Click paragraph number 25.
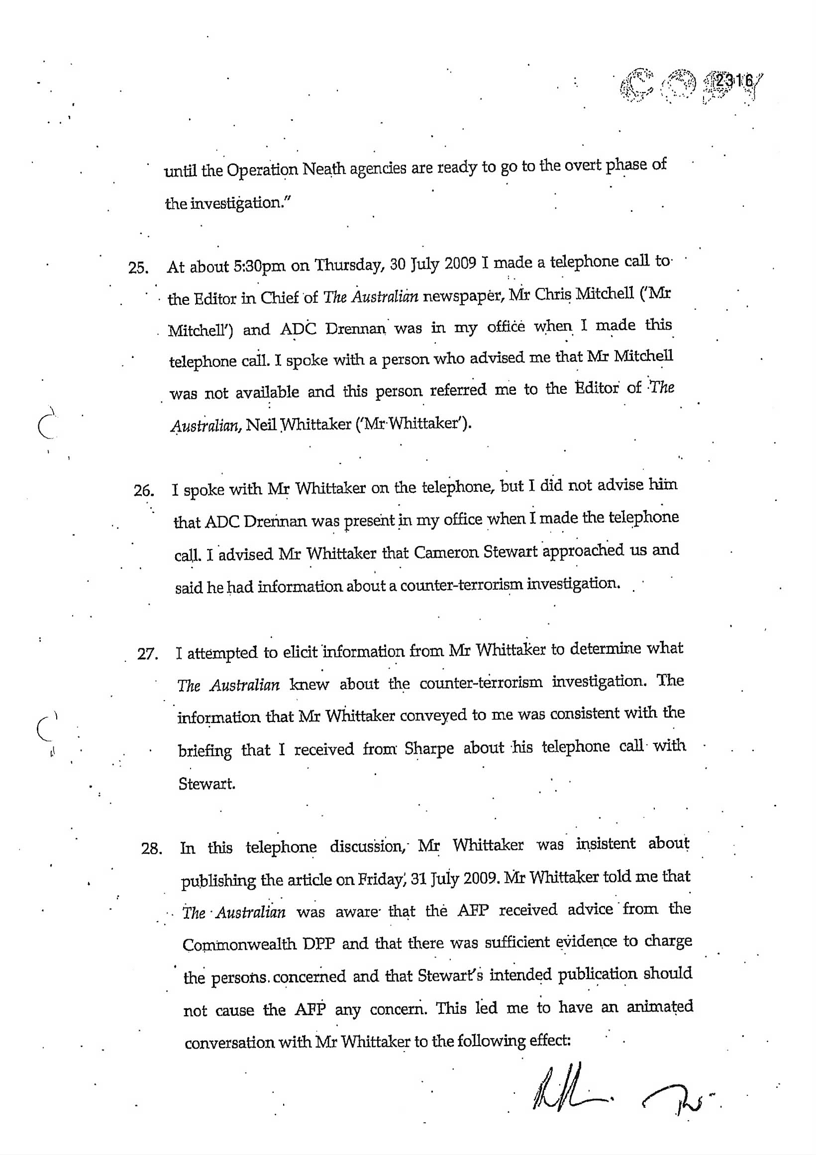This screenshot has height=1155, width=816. (x=138, y=268)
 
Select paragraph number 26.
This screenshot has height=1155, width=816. (x=143, y=490)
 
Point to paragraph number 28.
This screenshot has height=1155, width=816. (x=151, y=849)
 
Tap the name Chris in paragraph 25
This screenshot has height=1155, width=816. (x=554, y=294)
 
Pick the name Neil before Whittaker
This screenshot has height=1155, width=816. (x=262, y=425)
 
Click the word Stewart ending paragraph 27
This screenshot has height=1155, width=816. (x=206, y=784)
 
